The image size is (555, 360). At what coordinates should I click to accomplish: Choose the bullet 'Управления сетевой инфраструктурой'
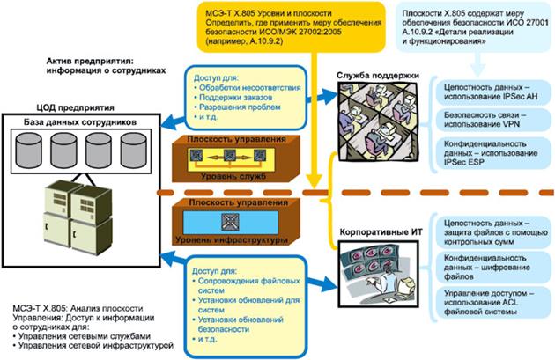[x=89, y=346]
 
